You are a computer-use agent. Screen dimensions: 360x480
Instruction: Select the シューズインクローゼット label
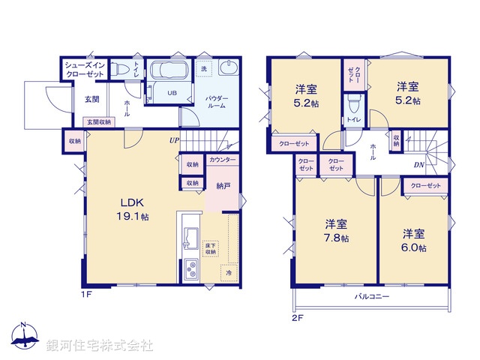point(85,70)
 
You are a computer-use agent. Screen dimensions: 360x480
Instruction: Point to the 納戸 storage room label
point(223,184)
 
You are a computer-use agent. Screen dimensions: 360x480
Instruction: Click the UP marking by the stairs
point(174,140)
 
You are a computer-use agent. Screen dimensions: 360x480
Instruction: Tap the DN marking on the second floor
point(419,166)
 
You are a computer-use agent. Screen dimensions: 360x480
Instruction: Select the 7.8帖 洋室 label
point(335,231)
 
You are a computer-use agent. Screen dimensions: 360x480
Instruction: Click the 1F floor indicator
point(87,293)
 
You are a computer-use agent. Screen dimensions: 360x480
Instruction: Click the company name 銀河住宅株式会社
point(100,346)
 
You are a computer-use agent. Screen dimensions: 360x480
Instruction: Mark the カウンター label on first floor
point(223,160)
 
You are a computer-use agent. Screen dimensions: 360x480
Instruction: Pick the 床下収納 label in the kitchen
point(210,248)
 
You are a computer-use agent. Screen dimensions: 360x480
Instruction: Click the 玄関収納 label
point(98,121)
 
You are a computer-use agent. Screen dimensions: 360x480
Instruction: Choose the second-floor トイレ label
point(352,120)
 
